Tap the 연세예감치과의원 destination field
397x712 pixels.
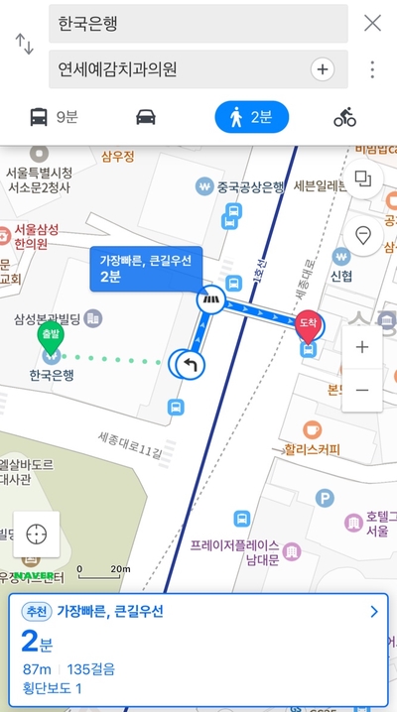coord(179,69)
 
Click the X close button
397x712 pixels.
coord(372,23)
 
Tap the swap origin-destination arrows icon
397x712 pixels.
coord(24,45)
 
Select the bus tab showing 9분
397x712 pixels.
coord(54,118)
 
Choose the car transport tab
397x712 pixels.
coord(146,118)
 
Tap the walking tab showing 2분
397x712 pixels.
coord(251,118)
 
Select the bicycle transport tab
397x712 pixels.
coord(344,118)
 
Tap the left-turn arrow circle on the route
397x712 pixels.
coord(190,365)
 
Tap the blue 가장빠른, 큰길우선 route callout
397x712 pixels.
coord(145,268)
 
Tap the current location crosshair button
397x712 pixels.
coord(37,533)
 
